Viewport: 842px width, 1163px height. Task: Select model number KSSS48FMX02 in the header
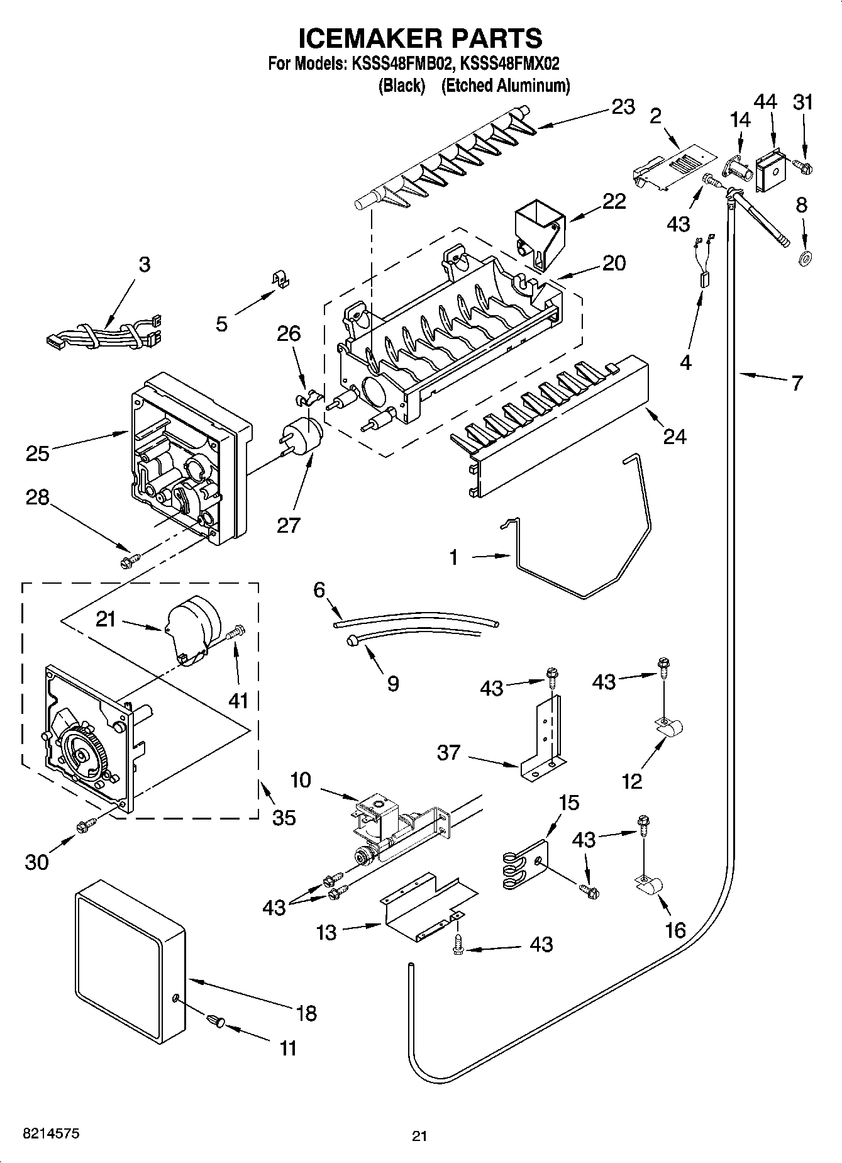(x=510, y=64)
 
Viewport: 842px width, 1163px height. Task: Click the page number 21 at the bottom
(x=419, y=1136)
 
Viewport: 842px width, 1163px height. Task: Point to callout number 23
(x=623, y=107)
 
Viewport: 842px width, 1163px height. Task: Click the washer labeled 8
(x=803, y=258)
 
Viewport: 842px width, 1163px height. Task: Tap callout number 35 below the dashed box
(x=284, y=817)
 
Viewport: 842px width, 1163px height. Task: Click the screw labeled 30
(x=86, y=826)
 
